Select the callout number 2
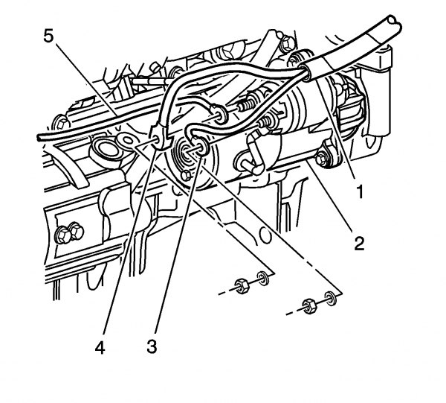358,244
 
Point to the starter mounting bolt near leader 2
322,159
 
